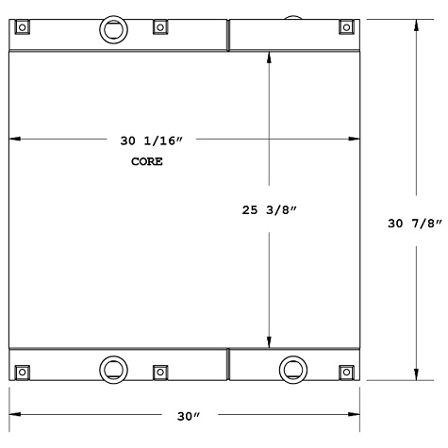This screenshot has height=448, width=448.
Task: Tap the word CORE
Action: [146, 161]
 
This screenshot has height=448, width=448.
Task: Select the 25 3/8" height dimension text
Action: [270, 210]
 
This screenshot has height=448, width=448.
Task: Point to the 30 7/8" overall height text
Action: [415, 224]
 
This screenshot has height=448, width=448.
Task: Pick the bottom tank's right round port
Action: [291, 367]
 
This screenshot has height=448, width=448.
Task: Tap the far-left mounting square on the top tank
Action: [22, 25]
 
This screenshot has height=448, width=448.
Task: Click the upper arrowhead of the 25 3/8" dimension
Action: [271, 58]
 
